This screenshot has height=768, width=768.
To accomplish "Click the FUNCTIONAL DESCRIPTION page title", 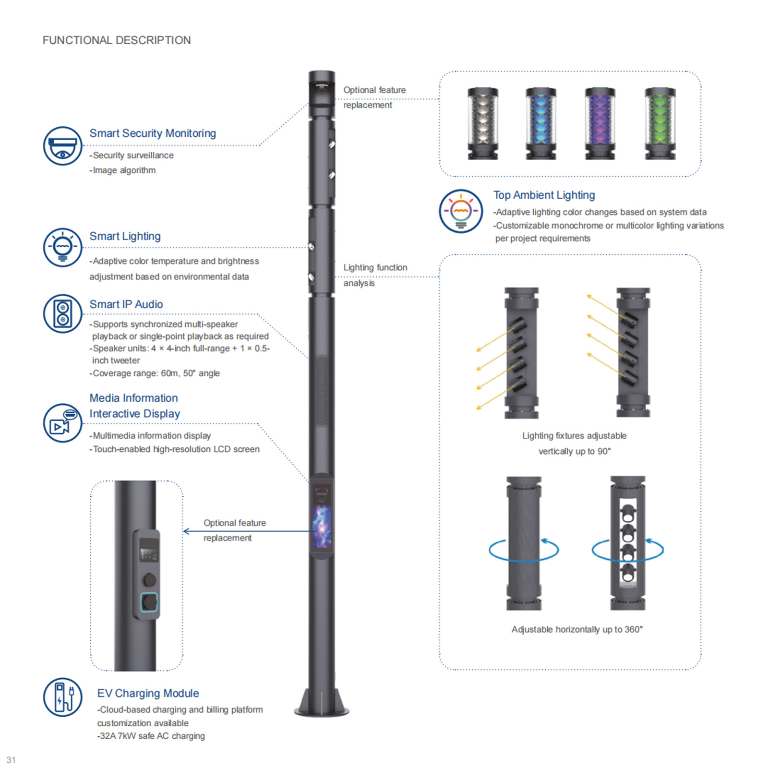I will (x=117, y=40).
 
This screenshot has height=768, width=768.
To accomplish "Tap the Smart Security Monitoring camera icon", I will (x=62, y=146).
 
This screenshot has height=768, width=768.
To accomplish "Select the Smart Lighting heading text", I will (x=125, y=236).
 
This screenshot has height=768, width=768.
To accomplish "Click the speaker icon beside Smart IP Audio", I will (x=62, y=313).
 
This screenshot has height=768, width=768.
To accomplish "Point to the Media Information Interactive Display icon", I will (x=62, y=423).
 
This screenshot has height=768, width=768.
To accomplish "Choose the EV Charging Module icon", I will (x=62, y=697).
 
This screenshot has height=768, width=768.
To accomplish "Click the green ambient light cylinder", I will (x=660, y=123).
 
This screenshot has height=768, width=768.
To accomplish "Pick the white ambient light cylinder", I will (x=482, y=123).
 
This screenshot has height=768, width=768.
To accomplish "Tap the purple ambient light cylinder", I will (x=600, y=123).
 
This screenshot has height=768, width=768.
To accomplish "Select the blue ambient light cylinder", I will (x=540, y=123).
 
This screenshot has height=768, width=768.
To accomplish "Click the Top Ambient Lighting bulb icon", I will (x=461, y=211).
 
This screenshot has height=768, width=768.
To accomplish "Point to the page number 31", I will (x=11, y=760).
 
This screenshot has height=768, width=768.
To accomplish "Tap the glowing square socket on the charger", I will (x=149, y=602).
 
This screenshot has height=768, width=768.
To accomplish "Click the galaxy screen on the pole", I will (x=322, y=526).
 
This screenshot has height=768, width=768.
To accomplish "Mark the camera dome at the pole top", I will (x=321, y=88).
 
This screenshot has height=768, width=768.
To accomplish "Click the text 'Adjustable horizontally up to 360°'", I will (x=577, y=629).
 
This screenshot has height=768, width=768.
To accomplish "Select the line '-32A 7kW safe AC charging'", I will (x=151, y=736).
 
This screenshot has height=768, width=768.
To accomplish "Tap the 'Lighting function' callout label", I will (x=375, y=267).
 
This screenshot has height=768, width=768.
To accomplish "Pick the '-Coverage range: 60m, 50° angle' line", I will (x=155, y=373).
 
